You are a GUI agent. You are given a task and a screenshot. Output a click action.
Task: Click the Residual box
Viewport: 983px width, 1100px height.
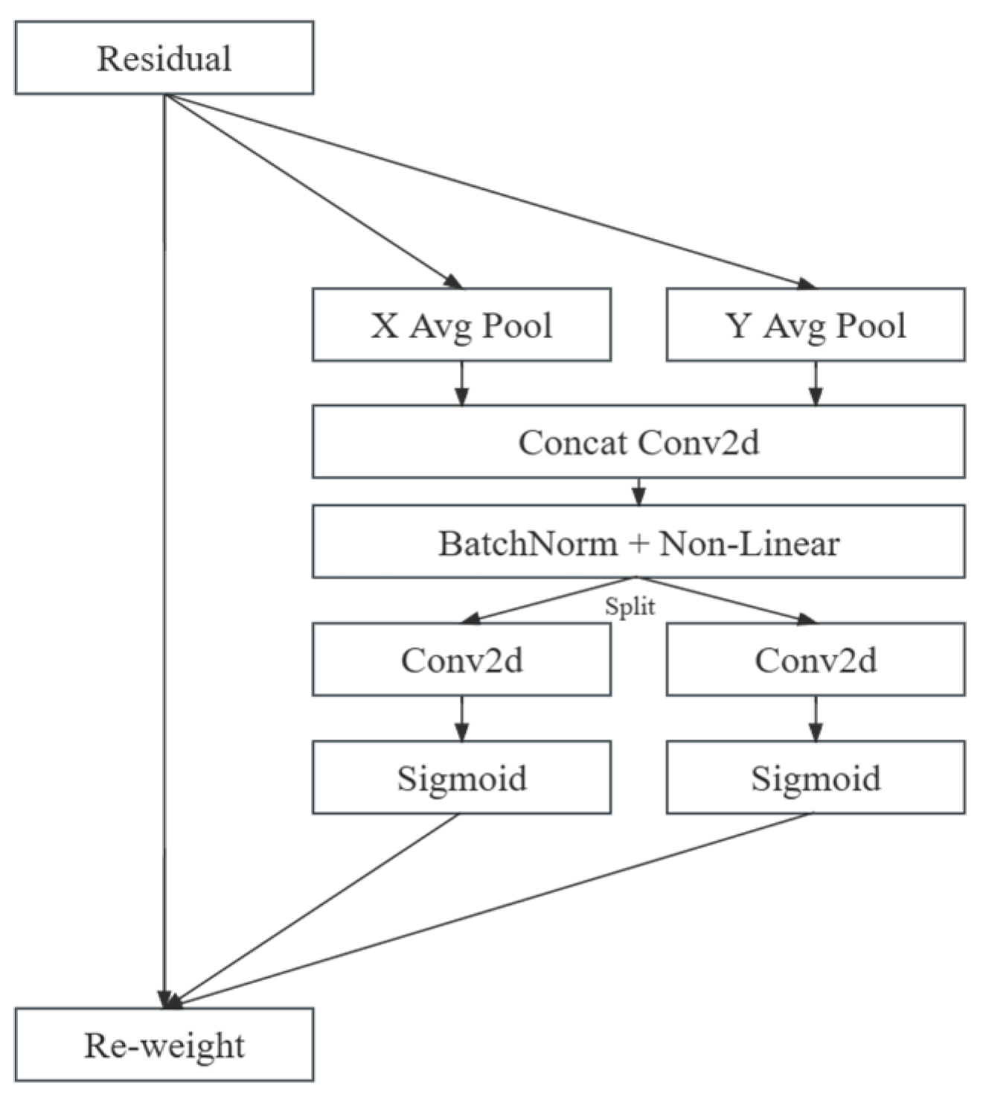pos(164,58)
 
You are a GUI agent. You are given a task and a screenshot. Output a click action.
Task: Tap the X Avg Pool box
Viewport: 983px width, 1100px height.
pos(461,325)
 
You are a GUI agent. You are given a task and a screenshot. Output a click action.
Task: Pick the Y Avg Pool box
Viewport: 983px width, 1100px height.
pos(816,325)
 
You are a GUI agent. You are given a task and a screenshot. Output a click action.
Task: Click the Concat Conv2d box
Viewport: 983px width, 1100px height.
pos(638,442)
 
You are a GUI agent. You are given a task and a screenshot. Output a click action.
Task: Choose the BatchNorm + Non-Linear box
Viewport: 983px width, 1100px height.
pos(638,542)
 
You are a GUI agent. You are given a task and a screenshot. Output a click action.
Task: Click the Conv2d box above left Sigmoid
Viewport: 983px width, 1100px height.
pos(461,660)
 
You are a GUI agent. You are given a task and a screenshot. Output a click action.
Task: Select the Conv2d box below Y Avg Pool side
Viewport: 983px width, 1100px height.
pos(816,660)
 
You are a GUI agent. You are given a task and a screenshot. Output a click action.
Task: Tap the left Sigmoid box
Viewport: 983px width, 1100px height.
pos(461,778)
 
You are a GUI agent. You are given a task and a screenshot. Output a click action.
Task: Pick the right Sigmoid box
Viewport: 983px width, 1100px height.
pos(816,778)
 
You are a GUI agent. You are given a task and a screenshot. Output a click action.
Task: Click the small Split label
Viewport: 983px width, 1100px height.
pos(630,606)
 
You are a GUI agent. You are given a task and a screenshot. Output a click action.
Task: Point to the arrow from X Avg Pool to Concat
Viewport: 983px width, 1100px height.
pos(461,384)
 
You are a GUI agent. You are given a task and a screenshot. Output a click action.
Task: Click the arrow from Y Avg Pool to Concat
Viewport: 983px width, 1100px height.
pos(816,384)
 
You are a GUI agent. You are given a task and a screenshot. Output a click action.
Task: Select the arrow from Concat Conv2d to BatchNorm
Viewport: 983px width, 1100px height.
pos(638,492)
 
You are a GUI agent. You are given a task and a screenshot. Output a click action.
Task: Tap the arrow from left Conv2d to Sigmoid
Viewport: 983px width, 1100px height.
pos(461,719)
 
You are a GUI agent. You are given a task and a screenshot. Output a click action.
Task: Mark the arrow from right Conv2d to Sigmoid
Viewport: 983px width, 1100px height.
pos(816,719)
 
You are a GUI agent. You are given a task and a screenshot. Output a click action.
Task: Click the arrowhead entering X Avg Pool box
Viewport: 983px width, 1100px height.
pos(453,282)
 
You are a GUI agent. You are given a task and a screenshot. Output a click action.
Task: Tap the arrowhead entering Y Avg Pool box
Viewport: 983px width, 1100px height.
pos(807,283)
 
